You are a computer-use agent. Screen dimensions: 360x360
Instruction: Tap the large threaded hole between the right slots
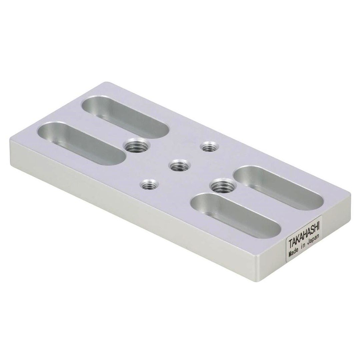222,185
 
